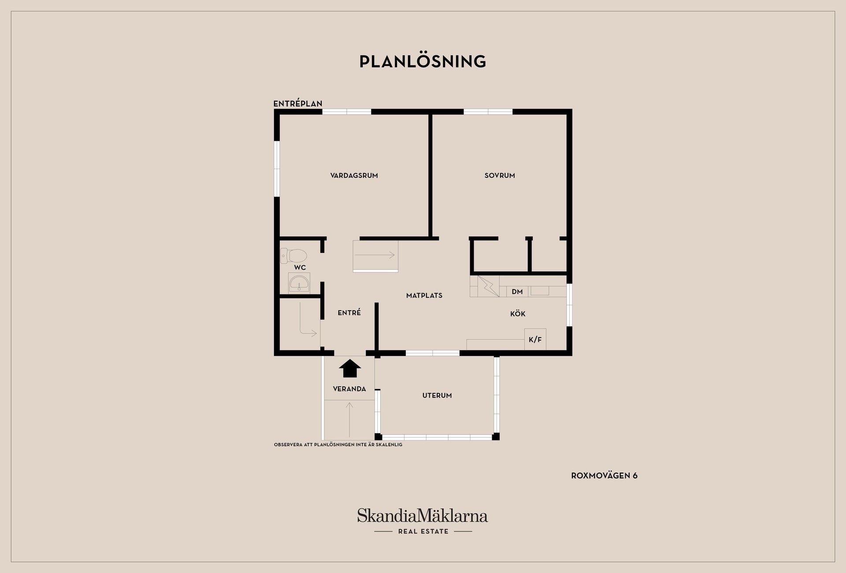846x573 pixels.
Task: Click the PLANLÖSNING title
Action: click(x=423, y=62)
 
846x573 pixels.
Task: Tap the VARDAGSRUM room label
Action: click(x=354, y=176)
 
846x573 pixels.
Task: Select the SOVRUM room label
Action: click(x=500, y=176)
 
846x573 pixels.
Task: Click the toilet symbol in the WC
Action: click(x=293, y=256)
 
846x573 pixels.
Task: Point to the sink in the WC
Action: click(x=299, y=283)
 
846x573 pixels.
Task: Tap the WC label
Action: click(x=300, y=268)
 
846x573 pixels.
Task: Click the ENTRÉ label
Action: click(x=349, y=312)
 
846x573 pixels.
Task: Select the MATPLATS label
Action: click(x=424, y=296)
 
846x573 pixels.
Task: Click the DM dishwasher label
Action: click(x=517, y=292)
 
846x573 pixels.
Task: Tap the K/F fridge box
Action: click(x=535, y=339)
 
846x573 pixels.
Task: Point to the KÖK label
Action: click(x=518, y=314)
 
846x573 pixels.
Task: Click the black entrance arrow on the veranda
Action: click(x=350, y=368)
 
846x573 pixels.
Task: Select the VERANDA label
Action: click(x=349, y=389)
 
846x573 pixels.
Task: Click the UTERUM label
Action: click(x=437, y=396)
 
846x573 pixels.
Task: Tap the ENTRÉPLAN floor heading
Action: click(x=298, y=104)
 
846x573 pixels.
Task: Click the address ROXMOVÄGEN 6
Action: click(x=604, y=476)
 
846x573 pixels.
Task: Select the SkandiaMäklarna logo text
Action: click(x=423, y=516)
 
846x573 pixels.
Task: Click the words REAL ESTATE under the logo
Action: click(x=423, y=532)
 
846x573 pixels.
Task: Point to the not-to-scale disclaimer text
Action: click(x=338, y=445)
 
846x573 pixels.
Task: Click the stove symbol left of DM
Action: click(x=488, y=286)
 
